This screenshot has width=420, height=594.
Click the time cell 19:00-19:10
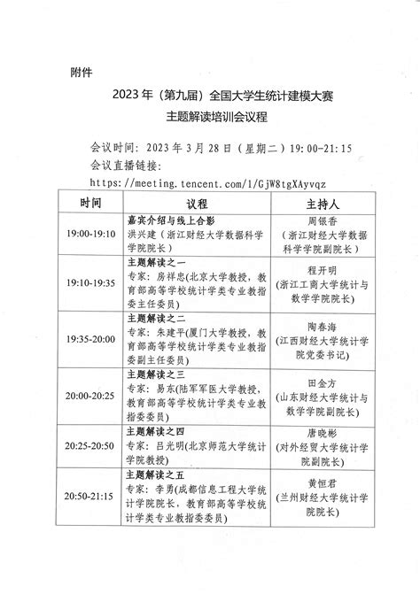(89, 234)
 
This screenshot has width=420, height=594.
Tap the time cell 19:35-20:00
(89, 338)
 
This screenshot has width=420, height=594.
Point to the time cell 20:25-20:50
(89, 437)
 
